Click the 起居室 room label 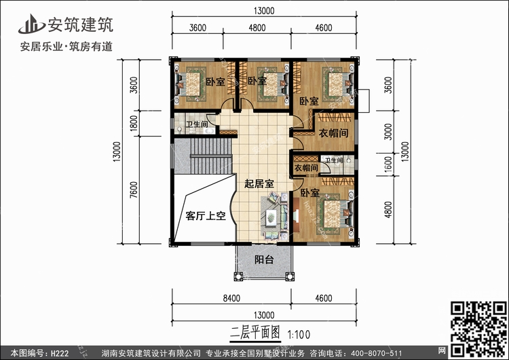pyautogui.click(x=259, y=184)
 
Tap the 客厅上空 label pyautogui.click(x=206, y=215)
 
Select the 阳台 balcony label pyautogui.click(x=264, y=259)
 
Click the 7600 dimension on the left pyautogui.click(x=134, y=190)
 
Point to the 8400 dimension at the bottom pyautogui.click(x=231, y=298)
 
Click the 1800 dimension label pyautogui.click(x=134, y=124)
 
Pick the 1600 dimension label pyautogui.click(x=388, y=165)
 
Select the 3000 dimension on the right pyautogui.click(x=388, y=132)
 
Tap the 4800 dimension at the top pyautogui.click(x=257, y=28)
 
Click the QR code pyautogui.click(x=478, y=329)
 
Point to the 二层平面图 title pyautogui.click(x=255, y=332)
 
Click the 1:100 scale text pyautogui.click(x=299, y=334)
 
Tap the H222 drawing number pyautogui.click(x=60, y=353)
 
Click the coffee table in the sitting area pyautogui.click(x=271, y=217)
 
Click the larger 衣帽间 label pyautogui.click(x=333, y=133)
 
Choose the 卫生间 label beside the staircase pyautogui.click(x=197, y=124)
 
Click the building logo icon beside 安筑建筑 pyautogui.click(x=31, y=24)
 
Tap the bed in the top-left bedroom pyautogui.click(x=190, y=84)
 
